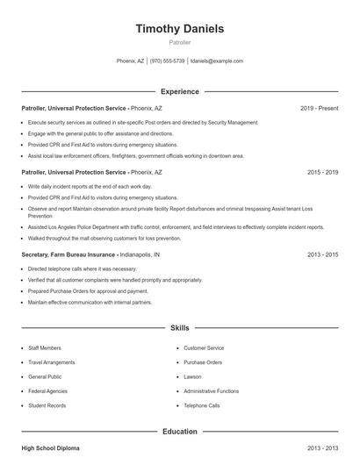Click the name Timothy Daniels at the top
click(x=180, y=28)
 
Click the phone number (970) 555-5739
click(x=167, y=61)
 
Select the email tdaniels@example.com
click(x=217, y=61)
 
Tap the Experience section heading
click(x=180, y=91)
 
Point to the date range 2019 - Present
click(x=319, y=108)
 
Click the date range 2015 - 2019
click(x=322, y=173)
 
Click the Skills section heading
click(x=180, y=327)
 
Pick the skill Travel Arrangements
click(x=51, y=362)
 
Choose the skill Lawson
click(x=192, y=376)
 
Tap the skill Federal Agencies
click(x=47, y=390)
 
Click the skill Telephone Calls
click(x=201, y=405)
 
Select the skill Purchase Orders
click(x=202, y=362)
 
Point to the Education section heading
click(x=180, y=432)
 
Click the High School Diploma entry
click(x=50, y=448)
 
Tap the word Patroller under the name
click(x=180, y=42)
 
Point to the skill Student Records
click(x=47, y=405)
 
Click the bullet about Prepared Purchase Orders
click(x=87, y=291)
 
